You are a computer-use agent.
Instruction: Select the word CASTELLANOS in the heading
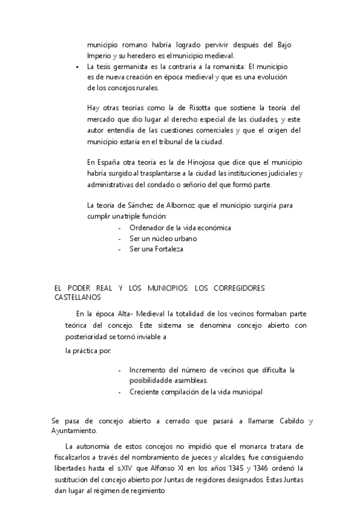click(78, 297)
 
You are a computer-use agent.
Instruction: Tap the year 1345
click(236, 468)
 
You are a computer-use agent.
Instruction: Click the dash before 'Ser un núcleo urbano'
click(120, 239)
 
